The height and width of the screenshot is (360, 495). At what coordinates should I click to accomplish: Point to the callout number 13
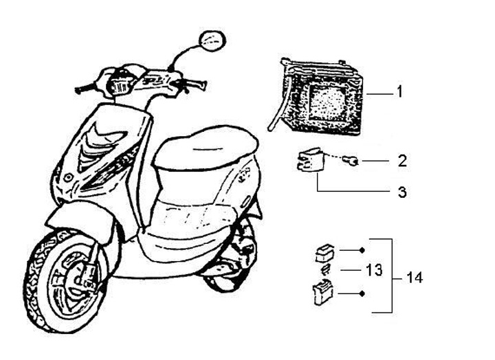[373, 270]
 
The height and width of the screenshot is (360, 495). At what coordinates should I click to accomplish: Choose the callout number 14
[414, 279]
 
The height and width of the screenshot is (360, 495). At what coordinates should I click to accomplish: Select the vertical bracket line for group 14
[392, 275]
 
